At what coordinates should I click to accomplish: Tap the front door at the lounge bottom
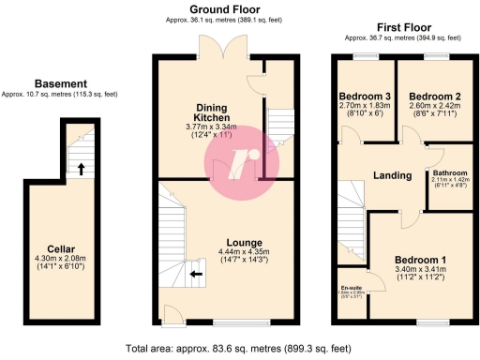point(172,317)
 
